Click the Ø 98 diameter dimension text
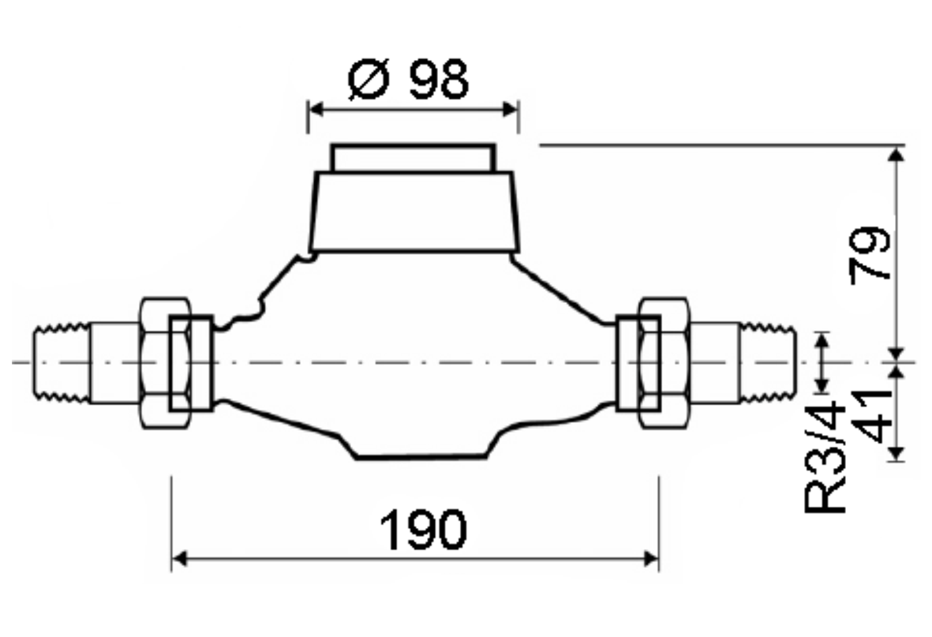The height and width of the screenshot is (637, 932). [x=408, y=79]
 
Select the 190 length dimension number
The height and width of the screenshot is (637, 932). [x=424, y=529]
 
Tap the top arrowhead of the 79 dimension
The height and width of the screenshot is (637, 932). [x=895, y=153]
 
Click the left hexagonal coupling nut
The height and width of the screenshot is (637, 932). [x=164, y=362]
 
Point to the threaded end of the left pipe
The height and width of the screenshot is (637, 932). [x=62, y=362]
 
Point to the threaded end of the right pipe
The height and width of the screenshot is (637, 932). [x=767, y=362]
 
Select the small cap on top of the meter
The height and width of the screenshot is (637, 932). [x=413, y=158]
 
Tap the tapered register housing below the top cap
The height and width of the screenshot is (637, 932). [x=414, y=212]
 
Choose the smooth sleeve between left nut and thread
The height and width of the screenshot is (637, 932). [x=114, y=362]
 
